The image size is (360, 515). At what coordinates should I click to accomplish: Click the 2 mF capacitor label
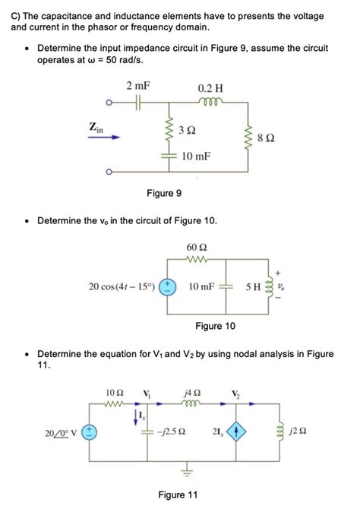point(138,86)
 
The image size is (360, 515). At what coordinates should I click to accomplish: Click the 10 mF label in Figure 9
point(196,156)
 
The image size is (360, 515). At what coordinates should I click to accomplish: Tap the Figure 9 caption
point(164,194)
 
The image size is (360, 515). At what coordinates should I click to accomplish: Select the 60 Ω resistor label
point(196,248)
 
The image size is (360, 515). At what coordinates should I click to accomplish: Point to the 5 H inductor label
point(253,287)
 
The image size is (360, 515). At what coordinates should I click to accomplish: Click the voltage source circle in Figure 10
point(169,287)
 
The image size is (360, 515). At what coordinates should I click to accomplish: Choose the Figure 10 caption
point(215,327)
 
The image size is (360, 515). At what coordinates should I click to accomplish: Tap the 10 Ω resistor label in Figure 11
point(115,392)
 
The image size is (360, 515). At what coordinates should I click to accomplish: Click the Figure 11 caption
point(177,495)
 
